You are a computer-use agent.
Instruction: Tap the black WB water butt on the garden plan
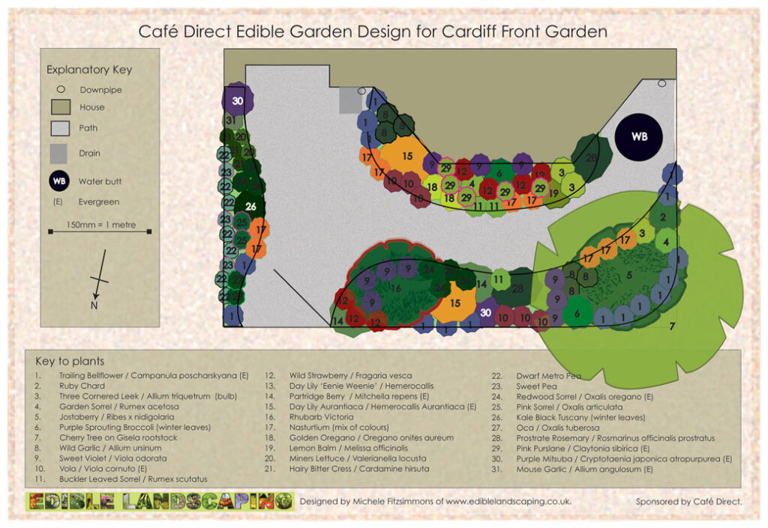click(x=639, y=137)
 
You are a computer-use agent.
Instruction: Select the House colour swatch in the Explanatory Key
click(x=60, y=107)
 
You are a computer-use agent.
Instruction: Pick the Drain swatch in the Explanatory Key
click(x=60, y=154)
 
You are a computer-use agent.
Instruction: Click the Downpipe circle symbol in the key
click(x=61, y=89)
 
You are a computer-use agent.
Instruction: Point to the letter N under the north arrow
click(x=94, y=305)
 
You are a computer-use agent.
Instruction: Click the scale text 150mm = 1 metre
click(x=98, y=224)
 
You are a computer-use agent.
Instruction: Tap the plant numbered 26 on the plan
click(x=250, y=207)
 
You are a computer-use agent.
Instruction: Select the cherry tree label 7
click(x=672, y=325)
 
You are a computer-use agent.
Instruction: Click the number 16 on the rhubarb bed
click(x=396, y=288)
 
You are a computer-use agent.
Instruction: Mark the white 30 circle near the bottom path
click(x=485, y=312)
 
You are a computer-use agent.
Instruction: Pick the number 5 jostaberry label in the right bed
click(x=628, y=275)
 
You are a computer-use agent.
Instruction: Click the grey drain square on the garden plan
click(x=349, y=100)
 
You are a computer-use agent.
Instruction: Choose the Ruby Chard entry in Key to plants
click(x=70, y=386)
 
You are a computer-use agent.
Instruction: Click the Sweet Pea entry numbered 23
click(x=534, y=386)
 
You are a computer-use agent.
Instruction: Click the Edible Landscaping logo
click(x=158, y=501)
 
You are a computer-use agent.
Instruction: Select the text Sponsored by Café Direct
click(x=688, y=502)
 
